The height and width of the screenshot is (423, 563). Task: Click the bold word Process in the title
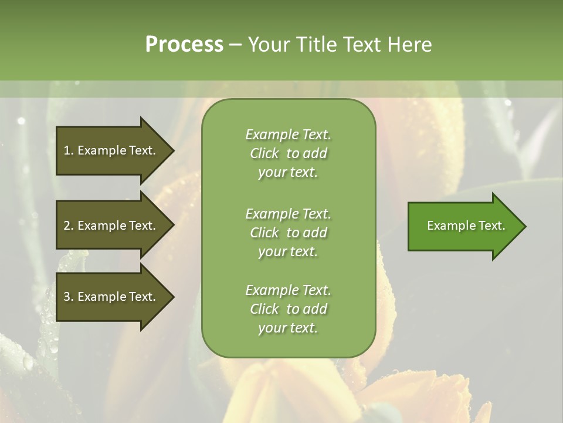pos(184,45)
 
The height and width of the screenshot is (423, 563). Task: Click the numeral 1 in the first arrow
pos(67,150)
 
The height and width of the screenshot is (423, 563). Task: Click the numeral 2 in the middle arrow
pos(67,226)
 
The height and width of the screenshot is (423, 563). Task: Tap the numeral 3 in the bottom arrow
pos(67,297)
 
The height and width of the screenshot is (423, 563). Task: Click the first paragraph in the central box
pos(288,153)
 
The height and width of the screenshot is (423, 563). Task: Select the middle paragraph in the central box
pos(288,233)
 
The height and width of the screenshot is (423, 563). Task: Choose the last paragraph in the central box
pos(288,309)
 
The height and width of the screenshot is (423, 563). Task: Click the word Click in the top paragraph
pos(264,153)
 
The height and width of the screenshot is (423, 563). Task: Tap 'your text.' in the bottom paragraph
pos(288,328)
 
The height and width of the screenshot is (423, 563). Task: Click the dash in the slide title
pos(235,45)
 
